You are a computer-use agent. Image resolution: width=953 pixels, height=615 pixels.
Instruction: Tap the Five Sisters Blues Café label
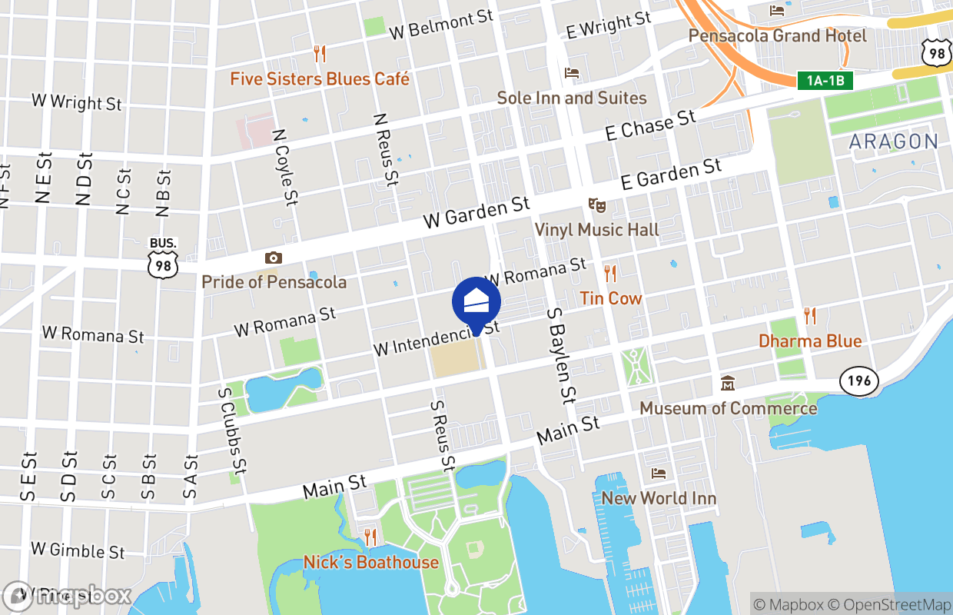(x=320, y=79)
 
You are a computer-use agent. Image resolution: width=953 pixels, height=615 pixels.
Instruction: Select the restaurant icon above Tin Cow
(x=610, y=273)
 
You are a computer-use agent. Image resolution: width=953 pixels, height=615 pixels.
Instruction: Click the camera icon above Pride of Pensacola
(x=273, y=258)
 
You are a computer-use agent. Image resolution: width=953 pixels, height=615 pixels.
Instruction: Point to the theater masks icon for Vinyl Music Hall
(x=596, y=205)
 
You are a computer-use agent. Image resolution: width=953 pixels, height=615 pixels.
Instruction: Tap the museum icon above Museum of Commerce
(x=727, y=383)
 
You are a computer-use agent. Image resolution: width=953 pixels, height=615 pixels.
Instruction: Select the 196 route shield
(x=859, y=381)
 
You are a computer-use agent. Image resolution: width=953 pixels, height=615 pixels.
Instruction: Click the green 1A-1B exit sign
(x=825, y=81)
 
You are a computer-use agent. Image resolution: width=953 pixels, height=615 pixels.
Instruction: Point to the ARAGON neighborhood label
(x=894, y=141)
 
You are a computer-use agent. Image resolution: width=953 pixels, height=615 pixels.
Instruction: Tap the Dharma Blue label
(x=810, y=341)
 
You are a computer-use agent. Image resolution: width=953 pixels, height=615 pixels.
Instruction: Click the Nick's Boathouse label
(x=371, y=562)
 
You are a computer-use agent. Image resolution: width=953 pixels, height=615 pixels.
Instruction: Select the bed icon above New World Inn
(x=658, y=474)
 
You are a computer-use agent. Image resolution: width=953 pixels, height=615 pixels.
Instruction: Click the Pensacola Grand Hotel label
(x=777, y=36)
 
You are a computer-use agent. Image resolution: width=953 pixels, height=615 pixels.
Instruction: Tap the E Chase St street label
(x=650, y=125)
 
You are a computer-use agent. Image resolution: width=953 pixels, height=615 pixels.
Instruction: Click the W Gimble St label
(x=78, y=550)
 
